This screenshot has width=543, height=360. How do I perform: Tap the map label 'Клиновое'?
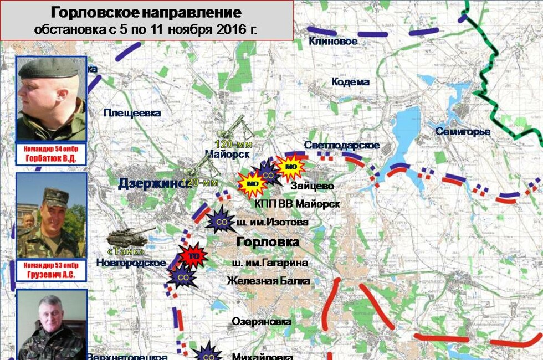point(333,41)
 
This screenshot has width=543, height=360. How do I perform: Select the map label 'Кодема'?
point(350,82)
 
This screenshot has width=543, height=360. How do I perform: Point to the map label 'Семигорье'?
point(463,132)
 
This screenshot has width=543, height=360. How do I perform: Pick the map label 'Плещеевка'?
point(132,113)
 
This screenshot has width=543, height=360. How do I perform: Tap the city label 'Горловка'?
point(268,242)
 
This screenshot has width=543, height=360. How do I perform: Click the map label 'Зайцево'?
point(312,186)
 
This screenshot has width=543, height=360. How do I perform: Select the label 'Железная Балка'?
point(268,281)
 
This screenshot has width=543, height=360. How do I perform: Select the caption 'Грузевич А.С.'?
point(51,275)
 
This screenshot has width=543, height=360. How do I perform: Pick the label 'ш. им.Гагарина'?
point(270,263)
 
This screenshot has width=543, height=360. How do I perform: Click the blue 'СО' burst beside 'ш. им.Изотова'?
point(220,221)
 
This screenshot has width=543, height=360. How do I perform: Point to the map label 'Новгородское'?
point(131,263)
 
